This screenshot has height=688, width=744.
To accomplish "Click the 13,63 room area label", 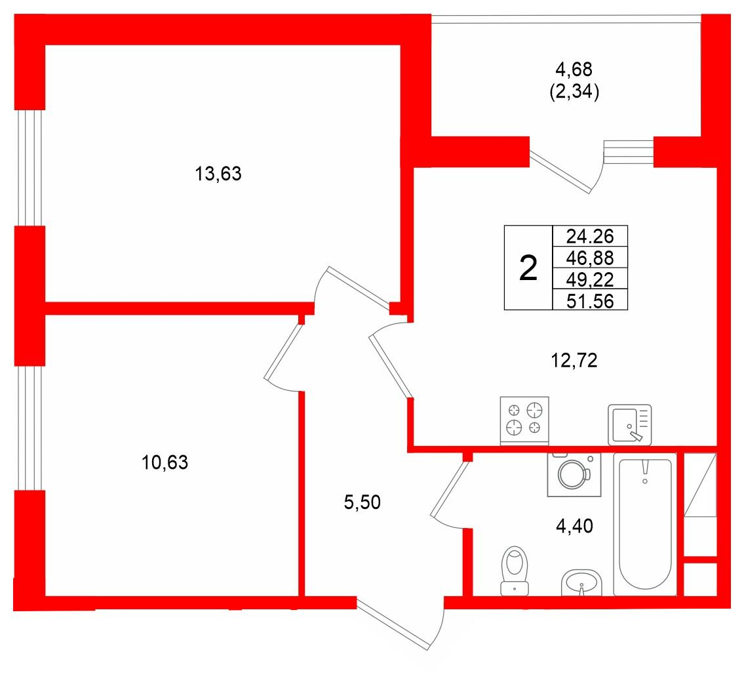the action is (218, 174).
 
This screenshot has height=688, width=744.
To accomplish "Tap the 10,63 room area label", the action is (165, 462).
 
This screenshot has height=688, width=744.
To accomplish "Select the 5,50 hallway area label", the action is (362, 502).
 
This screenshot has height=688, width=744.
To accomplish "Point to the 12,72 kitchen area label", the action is (574, 361).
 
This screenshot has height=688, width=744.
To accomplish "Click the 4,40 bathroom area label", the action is (574, 526).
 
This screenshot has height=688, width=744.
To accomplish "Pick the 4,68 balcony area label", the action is (574, 70).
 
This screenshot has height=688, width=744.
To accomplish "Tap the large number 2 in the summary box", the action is (528, 268).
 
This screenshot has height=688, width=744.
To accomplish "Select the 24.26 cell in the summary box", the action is (590, 236).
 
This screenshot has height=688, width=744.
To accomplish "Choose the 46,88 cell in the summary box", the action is (590, 258).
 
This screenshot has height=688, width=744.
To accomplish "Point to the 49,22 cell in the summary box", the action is (590, 279).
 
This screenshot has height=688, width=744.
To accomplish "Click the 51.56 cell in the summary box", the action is (590, 301).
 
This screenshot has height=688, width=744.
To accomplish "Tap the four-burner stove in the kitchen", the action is (524, 420).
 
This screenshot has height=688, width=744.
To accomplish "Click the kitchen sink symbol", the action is (630, 425).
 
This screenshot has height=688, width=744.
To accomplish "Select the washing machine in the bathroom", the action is (574, 474).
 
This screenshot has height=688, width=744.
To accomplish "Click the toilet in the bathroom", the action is (515, 571).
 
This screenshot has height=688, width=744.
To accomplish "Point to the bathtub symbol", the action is (645, 524).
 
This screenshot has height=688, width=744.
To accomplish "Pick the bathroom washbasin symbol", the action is (581, 582).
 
